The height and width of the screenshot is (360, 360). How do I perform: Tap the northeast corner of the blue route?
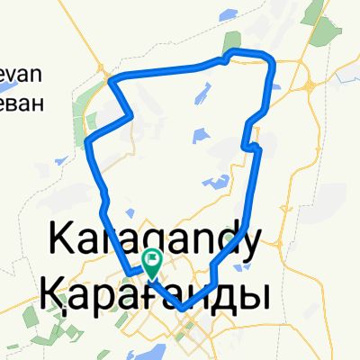pyautogui.click(x=272, y=61)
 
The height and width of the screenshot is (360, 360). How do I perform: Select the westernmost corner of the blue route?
pyautogui.click(x=85, y=142)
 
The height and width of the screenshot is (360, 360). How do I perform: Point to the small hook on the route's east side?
pyautogui.click(x=256, y=145)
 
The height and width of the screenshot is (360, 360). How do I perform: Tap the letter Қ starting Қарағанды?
pyautogui.click(x=53, y=293)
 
